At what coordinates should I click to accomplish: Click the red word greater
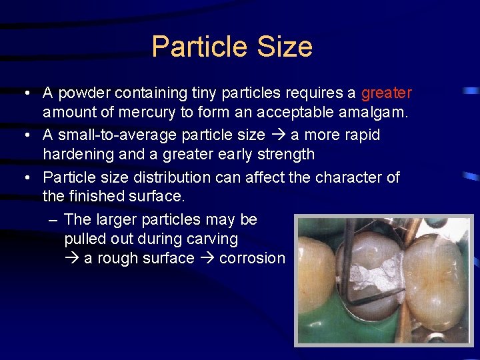pyautogui.click(x=387, y=93)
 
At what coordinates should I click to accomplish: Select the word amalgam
pyautogui.click(x=375, y=113)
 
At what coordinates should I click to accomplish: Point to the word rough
pyautogui.click(x=122, y=258)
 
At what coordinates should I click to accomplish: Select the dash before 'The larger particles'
pyautogui.click(x=53, y=219)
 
